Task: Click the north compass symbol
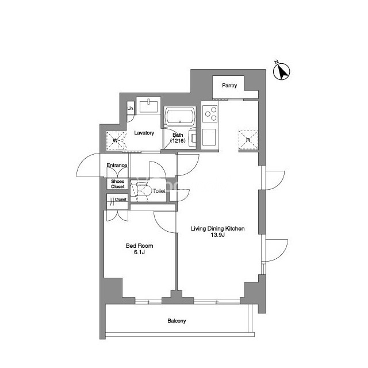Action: click(282, 71)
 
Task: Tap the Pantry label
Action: click(229, 86)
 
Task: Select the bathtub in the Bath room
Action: click(180, 116)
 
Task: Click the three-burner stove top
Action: click(210, 114)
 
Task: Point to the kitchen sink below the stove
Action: click(209, 137)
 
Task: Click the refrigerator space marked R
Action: click(248, 140)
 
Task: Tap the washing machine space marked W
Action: click(116, 140)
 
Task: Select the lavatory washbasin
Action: click(148, 106)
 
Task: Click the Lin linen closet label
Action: click(131, 108)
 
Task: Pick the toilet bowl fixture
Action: click(141, 191)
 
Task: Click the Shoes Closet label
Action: click(117, 184)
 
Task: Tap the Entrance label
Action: click(117, 165)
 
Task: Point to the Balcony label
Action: click(177, 321)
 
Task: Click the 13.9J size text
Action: click(217, 235)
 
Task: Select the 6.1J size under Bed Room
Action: click(139, 252)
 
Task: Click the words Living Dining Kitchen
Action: click(217, 229)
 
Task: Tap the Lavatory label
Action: click(144, 133)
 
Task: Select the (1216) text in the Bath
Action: click(178, 141)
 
